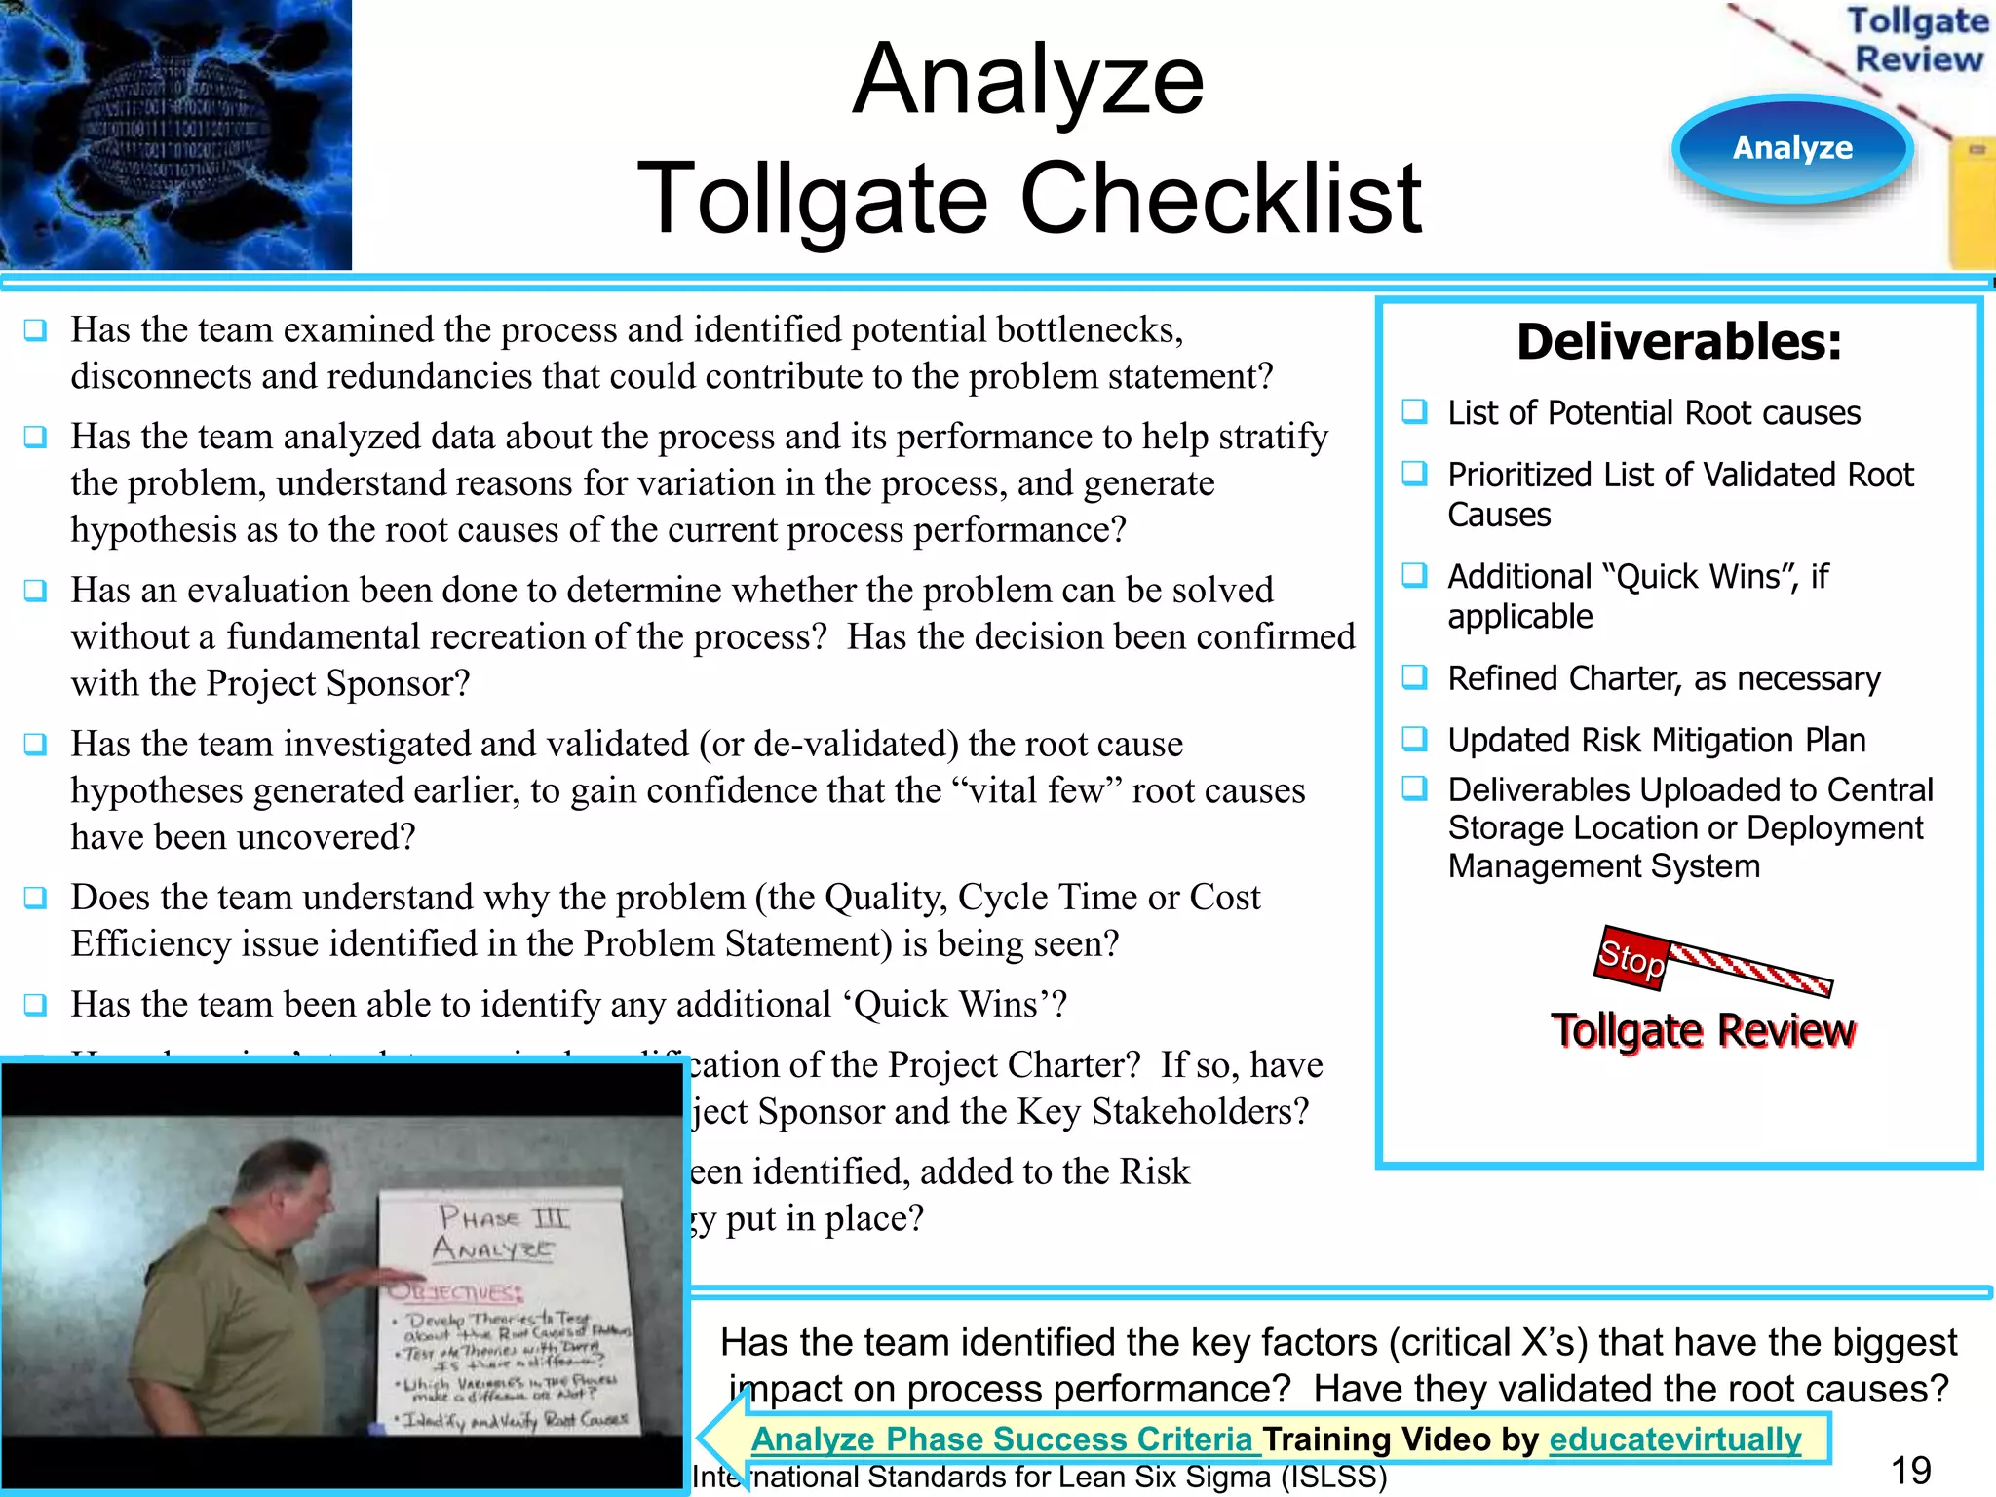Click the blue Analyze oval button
pyautogui.click(x=1792, y=148)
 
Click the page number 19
pyautogui.click(x=1910, y=1470)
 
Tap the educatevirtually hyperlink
pyautogui.click(x=1674, y=1439)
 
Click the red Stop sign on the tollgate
pyautogui.click(x=1631, y=958)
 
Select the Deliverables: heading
pyautogui.click(x=1679, y=342)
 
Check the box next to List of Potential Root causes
pyautogui.click(x=1414, y=411)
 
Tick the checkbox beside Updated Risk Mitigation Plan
pyautogui.click(x=1414, y=739)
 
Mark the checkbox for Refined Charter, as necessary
pyautogui.click(x=1414, y=676)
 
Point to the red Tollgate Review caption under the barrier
pyautogui.click(x=1703, y=1030)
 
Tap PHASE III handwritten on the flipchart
pyautogui.click(x=504, y=1217)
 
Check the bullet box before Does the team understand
pyautogui.click(x=36, y=897)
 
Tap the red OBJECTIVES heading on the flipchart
pyautogui.click(x=456, y=1292)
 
